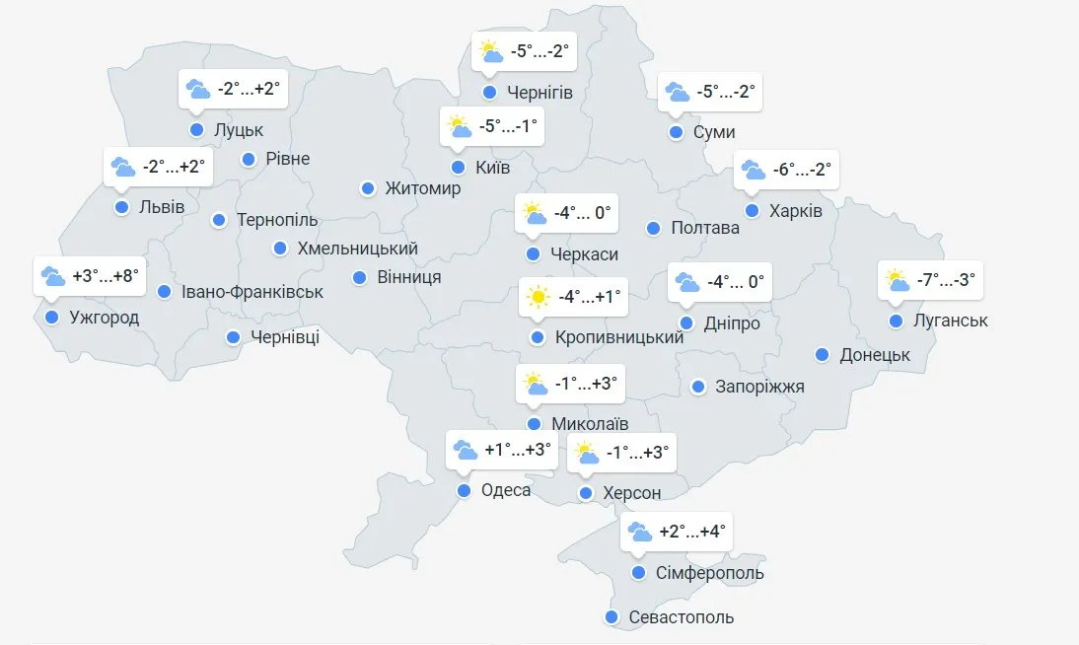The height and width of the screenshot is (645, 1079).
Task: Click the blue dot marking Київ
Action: point(458,168)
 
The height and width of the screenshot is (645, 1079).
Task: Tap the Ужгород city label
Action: point(105,318)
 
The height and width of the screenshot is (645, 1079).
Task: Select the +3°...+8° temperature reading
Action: point(104,276)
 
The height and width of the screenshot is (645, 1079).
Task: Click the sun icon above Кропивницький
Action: point(538,296)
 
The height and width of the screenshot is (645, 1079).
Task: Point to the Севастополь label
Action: point(682,617)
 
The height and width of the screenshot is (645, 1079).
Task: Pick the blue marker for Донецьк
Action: point(823,355)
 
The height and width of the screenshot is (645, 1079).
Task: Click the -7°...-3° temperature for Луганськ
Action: point(946,280)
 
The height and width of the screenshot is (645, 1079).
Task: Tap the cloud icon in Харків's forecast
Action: point(754,170)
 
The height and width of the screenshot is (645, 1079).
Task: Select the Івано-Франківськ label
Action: point(253,292)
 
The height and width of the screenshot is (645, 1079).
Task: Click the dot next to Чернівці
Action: point(234,337)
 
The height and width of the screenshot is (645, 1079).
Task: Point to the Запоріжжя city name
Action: point(759,387)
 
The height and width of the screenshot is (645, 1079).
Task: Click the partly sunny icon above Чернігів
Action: point(489,50)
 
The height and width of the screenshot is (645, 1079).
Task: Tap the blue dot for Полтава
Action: point(653,229)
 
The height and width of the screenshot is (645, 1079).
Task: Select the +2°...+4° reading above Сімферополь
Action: point(692,533)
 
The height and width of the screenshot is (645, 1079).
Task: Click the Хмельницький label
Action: point(357,249)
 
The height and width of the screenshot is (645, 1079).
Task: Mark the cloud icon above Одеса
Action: point(466,451)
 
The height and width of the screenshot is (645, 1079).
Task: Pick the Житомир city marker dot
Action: point(368,188)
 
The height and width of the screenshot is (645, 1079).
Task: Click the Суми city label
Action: point(714,132)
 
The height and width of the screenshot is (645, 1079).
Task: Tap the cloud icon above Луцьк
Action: point(198,89)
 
